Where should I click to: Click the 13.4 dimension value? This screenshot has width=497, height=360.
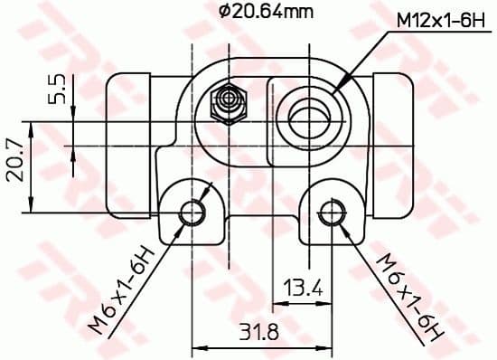pyautogui.click(x=303, y=289)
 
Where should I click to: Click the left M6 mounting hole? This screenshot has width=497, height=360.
pyautogui.click(x=192, y=212)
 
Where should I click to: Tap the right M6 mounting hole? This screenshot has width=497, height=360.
pyautogui.click(x=331, y=212)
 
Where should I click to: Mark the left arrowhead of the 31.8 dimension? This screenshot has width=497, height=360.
pyautogui.click(x=198, y=345)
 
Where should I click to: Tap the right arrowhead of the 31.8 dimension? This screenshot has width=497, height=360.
pyautogui.click(x=326, y=345)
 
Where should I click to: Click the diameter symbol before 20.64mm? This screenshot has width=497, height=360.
pyautogui.click(x=224, y=12)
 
